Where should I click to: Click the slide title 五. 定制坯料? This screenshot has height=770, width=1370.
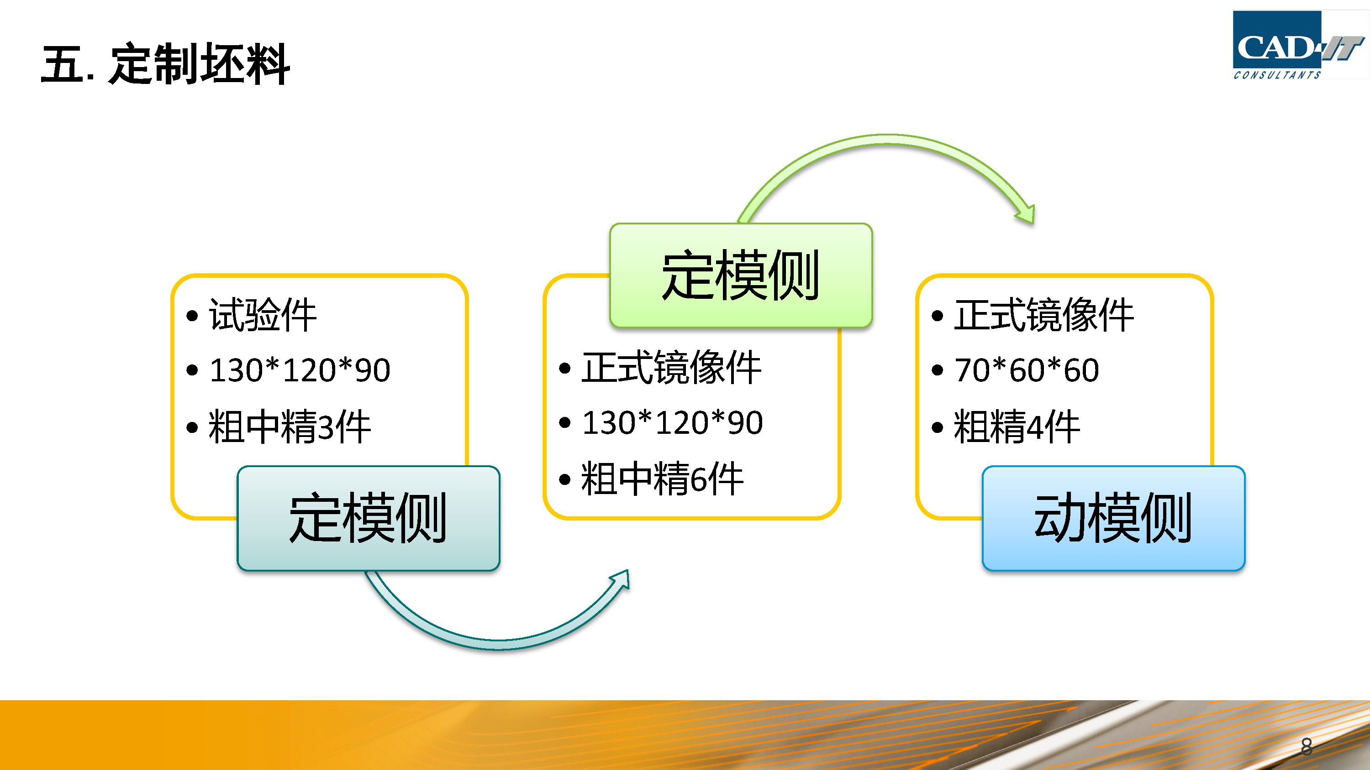[x=165, y=64]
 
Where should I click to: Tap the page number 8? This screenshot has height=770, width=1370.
[x=1306, y=746]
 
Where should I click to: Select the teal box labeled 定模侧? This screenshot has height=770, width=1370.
[x=368, y=518]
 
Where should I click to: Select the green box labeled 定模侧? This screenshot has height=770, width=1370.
[x=741, y=275]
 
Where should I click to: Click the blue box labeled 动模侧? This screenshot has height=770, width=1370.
[x=1114, y=518]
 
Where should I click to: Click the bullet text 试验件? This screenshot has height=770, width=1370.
[x=263, y=315]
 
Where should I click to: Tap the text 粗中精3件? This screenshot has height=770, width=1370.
[x=290, y=426]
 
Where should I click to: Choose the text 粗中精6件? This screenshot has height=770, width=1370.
[x=662, y=479]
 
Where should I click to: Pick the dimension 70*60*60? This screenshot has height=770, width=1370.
[x=1027, y=370]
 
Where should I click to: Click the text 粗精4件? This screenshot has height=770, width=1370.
[x=1017, y=426]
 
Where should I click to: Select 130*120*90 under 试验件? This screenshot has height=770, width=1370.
[x=300, y=370]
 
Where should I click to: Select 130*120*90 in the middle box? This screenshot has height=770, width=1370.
[x=673, y=423]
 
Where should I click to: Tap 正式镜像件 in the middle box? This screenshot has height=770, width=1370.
[x=671, y=368]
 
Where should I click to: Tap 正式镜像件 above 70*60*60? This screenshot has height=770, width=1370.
[x=1043, y=315]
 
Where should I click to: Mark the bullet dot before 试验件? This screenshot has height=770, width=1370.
[x=192, y=316]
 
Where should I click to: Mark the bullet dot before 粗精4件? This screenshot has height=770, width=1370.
[x=937, y=427]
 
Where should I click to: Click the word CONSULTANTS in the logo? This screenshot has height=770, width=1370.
[x=1277, y=75]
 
